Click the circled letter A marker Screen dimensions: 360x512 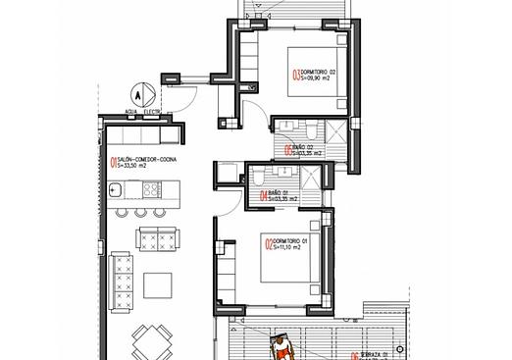[x=138, y=96]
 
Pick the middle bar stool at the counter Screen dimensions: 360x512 [x=140, y=212]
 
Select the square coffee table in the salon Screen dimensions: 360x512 [x=158, y=284]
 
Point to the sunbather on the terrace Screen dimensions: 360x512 [x=282, y=344]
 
